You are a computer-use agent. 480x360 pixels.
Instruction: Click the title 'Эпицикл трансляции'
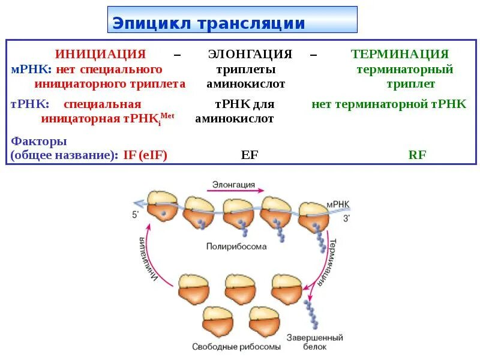click(209, 23)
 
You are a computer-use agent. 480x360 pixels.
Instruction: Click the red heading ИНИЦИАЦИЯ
click(100, 54)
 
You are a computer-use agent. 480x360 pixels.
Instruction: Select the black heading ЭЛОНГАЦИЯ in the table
click(250, 54)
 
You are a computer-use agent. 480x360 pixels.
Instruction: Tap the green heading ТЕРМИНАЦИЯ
click(400, 54)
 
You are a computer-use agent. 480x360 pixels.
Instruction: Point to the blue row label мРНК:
click(27, 70)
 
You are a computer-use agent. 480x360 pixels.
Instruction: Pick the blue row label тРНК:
click(26, 104)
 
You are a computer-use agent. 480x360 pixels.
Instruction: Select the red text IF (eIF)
click(145, 155)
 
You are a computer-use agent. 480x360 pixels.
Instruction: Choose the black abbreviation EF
click(249, 155)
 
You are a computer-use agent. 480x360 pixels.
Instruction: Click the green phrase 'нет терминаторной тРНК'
click(389, 104)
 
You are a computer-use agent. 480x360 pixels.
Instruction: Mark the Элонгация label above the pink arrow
click(234, 184)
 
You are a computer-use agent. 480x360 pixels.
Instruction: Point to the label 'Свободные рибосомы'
click(236, 347)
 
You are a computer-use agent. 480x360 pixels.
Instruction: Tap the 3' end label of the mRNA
click(346, 218)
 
